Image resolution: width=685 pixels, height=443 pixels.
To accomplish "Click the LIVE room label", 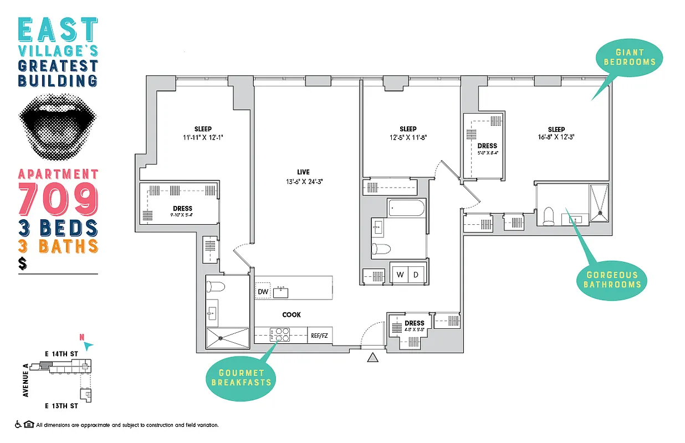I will (x=303, y=172).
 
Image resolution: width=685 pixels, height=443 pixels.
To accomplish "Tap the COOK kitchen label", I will (x=292, y=315).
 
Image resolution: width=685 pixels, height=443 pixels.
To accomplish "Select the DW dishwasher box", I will (x=263, y=292).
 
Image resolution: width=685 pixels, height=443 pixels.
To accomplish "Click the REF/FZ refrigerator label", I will (x=320, y=336).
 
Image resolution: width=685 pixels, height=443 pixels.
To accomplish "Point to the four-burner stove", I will (x=279, y=335).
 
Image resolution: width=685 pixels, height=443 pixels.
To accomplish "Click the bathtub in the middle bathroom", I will (x=407, y=209).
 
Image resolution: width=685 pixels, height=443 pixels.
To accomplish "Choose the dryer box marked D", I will (x=417, y=274).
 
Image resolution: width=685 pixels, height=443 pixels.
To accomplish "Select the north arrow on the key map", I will (x=86, y=345).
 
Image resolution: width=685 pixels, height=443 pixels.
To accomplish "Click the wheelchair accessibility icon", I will (x=18, y=425).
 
